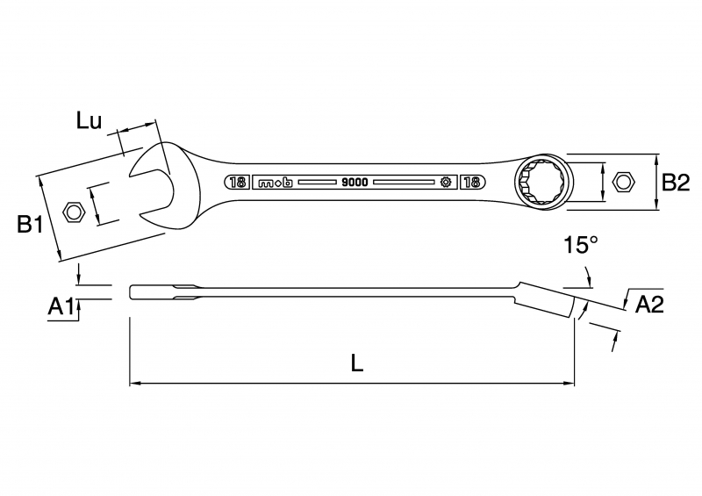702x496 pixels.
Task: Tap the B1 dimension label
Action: click(30, 224)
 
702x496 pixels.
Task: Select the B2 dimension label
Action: click(676, 183)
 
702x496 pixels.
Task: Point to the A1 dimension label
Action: click(61, 307)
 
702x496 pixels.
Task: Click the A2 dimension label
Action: click(649, 305)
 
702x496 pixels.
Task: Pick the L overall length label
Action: click(357, 363)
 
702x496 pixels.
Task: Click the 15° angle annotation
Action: click(581, 245)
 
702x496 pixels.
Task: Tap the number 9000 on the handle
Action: click(355, 183)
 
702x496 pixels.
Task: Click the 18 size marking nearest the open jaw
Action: click(236, 183)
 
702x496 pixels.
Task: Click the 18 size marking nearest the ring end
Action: click(472, 182)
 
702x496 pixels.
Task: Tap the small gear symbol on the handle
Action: click(446, 182)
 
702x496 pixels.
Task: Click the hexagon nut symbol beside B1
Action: click(74, 212)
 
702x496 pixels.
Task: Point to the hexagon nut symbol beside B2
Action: click(623, 182)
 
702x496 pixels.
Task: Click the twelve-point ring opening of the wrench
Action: click(542, 182)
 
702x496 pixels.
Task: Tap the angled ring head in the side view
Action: click(545, 298)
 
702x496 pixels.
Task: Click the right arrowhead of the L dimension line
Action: click(569, 383)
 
